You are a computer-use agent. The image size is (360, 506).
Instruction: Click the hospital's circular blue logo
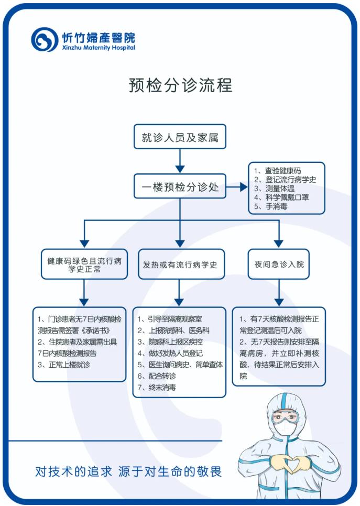click(x=45, y=39)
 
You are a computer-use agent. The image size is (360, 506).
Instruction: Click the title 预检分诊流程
click(x=180, y=85)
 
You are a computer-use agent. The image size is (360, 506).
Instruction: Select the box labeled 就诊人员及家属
click(x=180, y=137)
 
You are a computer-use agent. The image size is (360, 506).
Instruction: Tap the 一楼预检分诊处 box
click(x=180, y=186)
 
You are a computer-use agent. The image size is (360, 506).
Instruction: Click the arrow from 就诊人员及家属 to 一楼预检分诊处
click(x=180, y=161)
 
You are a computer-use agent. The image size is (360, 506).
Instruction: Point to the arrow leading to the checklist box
click(x=237, y=186)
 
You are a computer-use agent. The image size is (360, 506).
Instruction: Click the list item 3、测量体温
click(x=274, y=189)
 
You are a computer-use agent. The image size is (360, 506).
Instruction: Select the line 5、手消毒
click(x=270, y=206)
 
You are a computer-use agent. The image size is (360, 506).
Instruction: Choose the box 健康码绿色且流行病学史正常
click(x=84, y=265)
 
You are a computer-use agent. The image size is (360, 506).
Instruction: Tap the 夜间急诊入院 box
click(x=279, y=265)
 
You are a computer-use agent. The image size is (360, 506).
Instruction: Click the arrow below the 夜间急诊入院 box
click(x=279, y=293)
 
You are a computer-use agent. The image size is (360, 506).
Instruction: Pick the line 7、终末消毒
click(x=157, y=387)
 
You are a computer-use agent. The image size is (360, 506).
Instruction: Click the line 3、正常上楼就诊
click(x=63, y=365)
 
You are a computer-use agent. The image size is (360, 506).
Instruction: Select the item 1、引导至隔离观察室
click(x=170, y=319)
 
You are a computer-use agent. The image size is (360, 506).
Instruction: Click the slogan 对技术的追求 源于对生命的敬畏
click(x=128, y=471)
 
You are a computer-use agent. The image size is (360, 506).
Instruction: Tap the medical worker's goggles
click(x=285, y=417)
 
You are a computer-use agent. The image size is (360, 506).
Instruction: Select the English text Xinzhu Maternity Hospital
click(x=99, y=48)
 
